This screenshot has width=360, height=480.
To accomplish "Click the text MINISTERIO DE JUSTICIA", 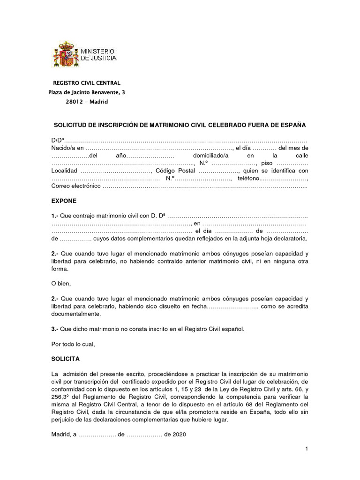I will tap(98, 54).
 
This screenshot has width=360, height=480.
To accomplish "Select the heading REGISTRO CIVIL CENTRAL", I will tap(86, 83).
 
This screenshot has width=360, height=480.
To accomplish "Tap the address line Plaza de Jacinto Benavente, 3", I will tap(87, 92).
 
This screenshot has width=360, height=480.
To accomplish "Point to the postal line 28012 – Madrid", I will tap(86, 102).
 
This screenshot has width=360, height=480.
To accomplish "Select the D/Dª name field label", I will tap(57, 140).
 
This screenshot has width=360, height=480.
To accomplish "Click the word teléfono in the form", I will tap(248, 178).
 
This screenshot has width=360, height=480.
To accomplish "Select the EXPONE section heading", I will tap(63, 201).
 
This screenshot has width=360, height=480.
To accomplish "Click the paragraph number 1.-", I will tap(55, 216).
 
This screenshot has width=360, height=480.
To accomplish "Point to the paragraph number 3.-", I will tap(55, 329).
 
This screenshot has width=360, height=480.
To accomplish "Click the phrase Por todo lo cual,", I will tap(73, 344).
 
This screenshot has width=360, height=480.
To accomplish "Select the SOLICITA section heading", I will tap(65, 359).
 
